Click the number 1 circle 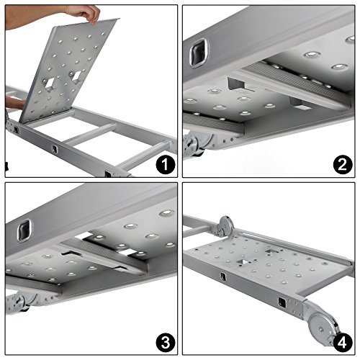click(166, 165)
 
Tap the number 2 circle click(343, 165)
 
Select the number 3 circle click(166, 343)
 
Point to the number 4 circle click(343, 343)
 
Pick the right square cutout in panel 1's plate click(76, 76)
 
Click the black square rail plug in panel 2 click(199, 53)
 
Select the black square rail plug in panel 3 click(24, 230)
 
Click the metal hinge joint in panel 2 click(197, 145)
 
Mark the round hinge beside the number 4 click(323, 327)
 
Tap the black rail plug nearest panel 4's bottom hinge click(282, 302)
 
